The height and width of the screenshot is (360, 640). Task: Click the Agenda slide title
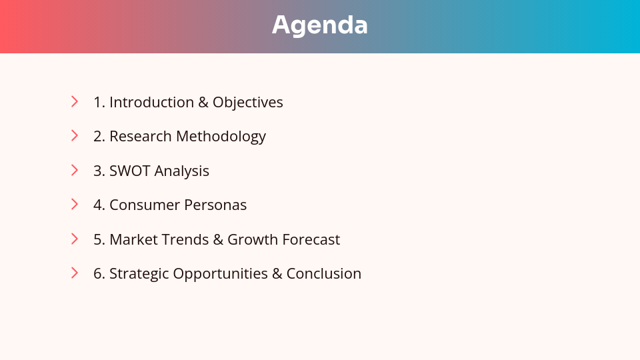click(x=320, y=25)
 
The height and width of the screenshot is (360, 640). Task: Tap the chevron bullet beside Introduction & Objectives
click(x=75, y=101)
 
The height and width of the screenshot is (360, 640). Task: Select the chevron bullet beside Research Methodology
click(x=75, y=135)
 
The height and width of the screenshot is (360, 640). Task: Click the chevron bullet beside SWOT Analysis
click(x=75, y=170)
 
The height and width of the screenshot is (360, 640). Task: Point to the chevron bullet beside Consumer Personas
click(x=75, y=204)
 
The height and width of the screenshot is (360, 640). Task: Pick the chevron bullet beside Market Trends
click(x=75, y=239)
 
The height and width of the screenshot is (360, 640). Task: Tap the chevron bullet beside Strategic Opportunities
click(x=75, y=273)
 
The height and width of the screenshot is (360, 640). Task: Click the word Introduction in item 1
click(x=151, y=102)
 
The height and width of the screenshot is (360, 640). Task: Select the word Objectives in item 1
click(x=247, y=103)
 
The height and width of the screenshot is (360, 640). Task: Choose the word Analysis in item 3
click(x=181, y=171)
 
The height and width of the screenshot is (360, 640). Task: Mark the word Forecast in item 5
click(x=311, y=239)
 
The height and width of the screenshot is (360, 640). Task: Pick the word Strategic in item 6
click(x=139, y=274)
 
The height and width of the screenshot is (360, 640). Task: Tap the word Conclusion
click(x=323, y=273)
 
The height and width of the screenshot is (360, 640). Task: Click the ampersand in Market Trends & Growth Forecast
click(x=218, y=239)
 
